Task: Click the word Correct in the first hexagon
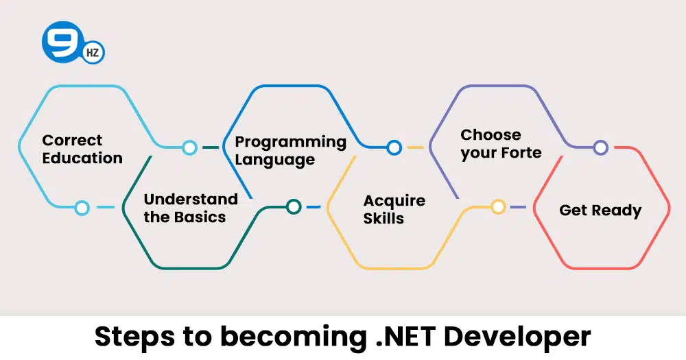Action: [72, 141]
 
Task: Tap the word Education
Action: [82, 158]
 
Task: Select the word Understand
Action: [191, 200]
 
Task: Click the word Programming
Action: [290, 143]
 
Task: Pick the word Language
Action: [275, 160]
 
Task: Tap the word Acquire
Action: [394, 201]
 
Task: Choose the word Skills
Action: [383, 218]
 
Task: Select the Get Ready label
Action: [600, 211]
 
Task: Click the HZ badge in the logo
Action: [93, 53]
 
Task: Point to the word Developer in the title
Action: [517, 337]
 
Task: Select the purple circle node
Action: [601, 147]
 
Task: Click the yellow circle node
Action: [498, 206]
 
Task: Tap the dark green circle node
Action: [294, 206]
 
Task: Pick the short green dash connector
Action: [211, 147]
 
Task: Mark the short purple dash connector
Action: [518, 207]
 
